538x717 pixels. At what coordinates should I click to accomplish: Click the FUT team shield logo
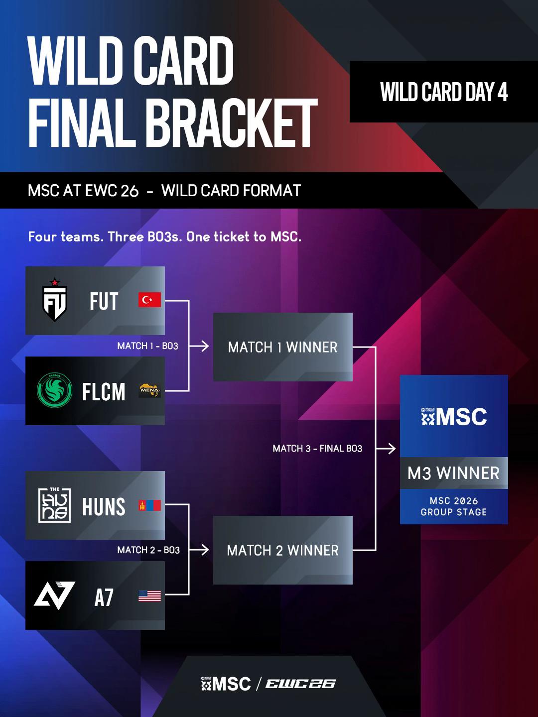55,300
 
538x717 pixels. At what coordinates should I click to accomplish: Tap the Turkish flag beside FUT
149,300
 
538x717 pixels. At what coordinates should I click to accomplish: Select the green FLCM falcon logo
55,390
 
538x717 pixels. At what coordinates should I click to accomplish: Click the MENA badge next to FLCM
149,390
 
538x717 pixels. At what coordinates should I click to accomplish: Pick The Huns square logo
55,505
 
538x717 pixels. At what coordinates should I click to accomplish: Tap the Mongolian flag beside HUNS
149,505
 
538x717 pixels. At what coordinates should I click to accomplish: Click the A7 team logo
55,596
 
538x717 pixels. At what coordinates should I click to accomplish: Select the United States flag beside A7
149,596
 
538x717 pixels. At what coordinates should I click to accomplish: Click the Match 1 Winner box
283,347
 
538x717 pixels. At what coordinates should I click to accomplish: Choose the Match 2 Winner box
283,550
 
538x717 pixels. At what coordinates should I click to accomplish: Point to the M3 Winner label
454,473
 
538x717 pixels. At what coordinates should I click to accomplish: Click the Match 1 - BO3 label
147,346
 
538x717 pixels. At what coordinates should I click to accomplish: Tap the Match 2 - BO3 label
148,550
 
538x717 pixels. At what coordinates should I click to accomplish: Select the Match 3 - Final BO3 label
317,449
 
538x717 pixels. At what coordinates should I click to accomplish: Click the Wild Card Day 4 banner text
444,92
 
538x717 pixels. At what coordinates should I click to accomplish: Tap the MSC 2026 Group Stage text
454,506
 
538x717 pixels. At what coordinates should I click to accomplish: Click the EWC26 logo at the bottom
300,684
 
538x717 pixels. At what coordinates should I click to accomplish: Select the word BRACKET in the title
233,123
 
